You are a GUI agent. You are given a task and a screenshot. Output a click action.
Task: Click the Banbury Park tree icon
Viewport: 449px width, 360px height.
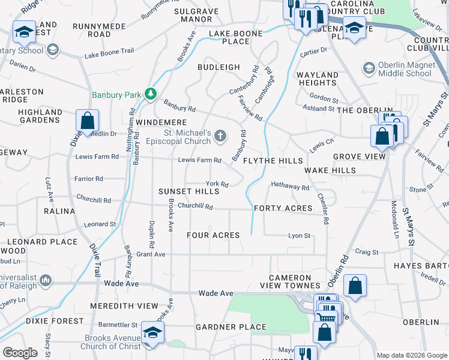pyautogui.click(x=149, y=94)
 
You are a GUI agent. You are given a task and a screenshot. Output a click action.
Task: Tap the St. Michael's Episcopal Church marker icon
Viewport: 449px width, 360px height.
pyautogui.click(x=221, y=137)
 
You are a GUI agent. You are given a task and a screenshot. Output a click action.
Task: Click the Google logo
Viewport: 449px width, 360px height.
pyautogui.click(x=20, y=353)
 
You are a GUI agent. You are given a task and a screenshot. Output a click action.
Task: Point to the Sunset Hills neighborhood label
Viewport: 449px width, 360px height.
pyautogui.click(x=189, y=191)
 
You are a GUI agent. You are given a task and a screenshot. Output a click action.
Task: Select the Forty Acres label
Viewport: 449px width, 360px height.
pyautogui.click(x=283, y=208)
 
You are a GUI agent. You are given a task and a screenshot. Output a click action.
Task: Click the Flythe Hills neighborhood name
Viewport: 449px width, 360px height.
pyautogui.click(x=273, y=161)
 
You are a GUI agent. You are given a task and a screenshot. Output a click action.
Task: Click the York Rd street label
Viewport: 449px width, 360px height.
pyautogui.click(x=217, y=184)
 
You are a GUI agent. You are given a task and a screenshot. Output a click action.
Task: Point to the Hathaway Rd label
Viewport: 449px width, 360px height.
pyautogui.click(x=290, y=187)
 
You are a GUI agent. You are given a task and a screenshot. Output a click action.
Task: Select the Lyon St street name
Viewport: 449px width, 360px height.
pyautogui.click(x=299, y=236)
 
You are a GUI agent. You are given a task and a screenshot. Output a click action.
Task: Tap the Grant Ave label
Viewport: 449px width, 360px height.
pyautogui.click(x=151, y=254)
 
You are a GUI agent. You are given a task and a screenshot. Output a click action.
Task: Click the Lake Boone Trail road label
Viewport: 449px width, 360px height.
pyautogui.click(x=109, y=55)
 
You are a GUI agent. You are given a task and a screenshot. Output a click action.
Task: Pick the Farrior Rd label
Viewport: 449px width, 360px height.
pyautogui.click(x=88, y=179)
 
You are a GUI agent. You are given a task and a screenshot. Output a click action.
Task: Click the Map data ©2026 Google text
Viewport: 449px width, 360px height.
pyautogui.click(x=412, y=355)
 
